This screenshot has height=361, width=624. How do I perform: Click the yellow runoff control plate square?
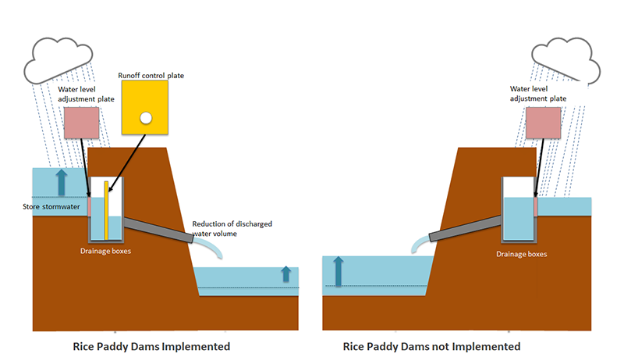[x=144, y=107]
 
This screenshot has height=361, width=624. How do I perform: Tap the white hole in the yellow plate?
[x=144, y=118]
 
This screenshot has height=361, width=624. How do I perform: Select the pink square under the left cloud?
[x=81, y=124]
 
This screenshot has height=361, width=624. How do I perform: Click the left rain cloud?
[x=59, y=59]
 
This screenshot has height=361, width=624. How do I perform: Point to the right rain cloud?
[x=565, y=59]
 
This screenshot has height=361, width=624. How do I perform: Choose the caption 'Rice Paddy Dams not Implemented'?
[x=431, y=345]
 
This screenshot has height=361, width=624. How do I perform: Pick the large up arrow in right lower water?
[x=339, y=272]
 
